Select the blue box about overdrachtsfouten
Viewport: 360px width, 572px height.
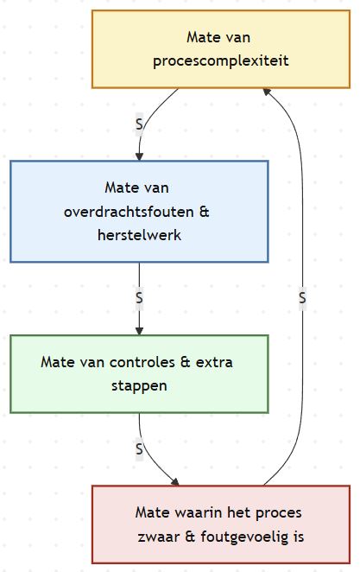[139, 211]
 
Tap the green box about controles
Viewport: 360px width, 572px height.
[139, 373]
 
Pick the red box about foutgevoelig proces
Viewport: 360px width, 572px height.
[220, 524]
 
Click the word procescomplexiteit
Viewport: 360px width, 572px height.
[220, 61]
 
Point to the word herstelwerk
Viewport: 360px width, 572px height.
[139, 233]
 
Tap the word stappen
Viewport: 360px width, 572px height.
[139, 385]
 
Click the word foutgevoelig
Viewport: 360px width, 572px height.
[247, 537]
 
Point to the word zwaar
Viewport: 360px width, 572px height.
[156, 537]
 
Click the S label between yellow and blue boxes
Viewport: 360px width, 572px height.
[139, 124]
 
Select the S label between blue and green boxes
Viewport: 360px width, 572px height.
[139, 297]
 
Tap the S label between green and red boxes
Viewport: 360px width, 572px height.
[139, 448]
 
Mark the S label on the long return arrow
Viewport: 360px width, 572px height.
[302, 297]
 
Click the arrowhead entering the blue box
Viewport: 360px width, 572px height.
[139, 156]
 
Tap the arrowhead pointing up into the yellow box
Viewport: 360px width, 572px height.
[268, 92]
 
